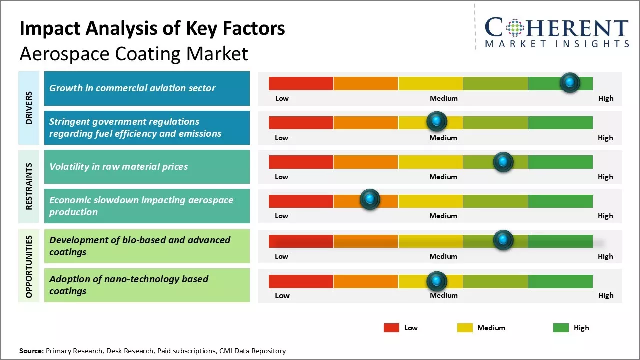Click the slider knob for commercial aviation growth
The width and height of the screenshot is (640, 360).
569,83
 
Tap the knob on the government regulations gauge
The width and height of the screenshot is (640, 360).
437,121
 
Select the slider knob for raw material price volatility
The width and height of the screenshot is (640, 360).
503,162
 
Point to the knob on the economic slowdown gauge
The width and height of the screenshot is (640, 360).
370,199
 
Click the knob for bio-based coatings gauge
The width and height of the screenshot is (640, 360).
503,240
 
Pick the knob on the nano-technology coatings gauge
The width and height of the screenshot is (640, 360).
437,281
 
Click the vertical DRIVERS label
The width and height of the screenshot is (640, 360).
29,108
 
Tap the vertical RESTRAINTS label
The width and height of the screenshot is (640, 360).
29,186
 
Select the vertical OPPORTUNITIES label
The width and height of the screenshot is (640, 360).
29,267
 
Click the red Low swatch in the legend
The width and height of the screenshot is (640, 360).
391,328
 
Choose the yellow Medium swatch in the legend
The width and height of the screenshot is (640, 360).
465,328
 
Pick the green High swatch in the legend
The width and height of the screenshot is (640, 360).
561,328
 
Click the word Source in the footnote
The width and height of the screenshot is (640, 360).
31,351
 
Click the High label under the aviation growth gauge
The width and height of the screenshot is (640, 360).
605,98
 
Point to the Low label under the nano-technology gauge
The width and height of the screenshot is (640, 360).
282,295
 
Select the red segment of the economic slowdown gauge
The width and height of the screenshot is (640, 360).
301,201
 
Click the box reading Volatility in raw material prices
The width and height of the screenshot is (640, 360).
147,167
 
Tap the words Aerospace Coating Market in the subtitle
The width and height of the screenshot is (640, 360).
134,54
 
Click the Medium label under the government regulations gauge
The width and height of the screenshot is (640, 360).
443,138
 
